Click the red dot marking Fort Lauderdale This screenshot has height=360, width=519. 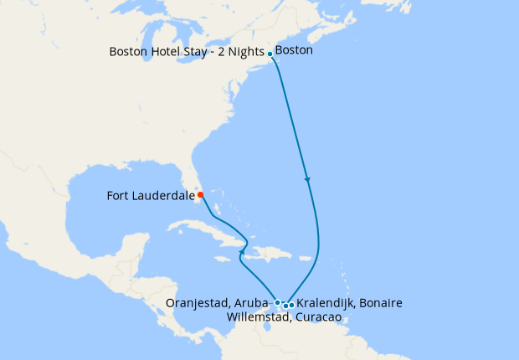[x=201, y=195]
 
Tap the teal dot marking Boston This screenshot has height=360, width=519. [x=270, y=54]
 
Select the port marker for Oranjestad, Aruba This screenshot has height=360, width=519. [x=277, y=301]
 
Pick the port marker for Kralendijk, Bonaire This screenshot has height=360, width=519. [x=290, y=305]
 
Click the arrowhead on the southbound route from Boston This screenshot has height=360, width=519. [x=307, y=180]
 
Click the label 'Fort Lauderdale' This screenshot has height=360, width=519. [x=152, y=197]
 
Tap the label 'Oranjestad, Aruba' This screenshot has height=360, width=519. [x=220, y=302]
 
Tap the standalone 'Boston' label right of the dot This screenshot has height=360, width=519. [x=294, y=50]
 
